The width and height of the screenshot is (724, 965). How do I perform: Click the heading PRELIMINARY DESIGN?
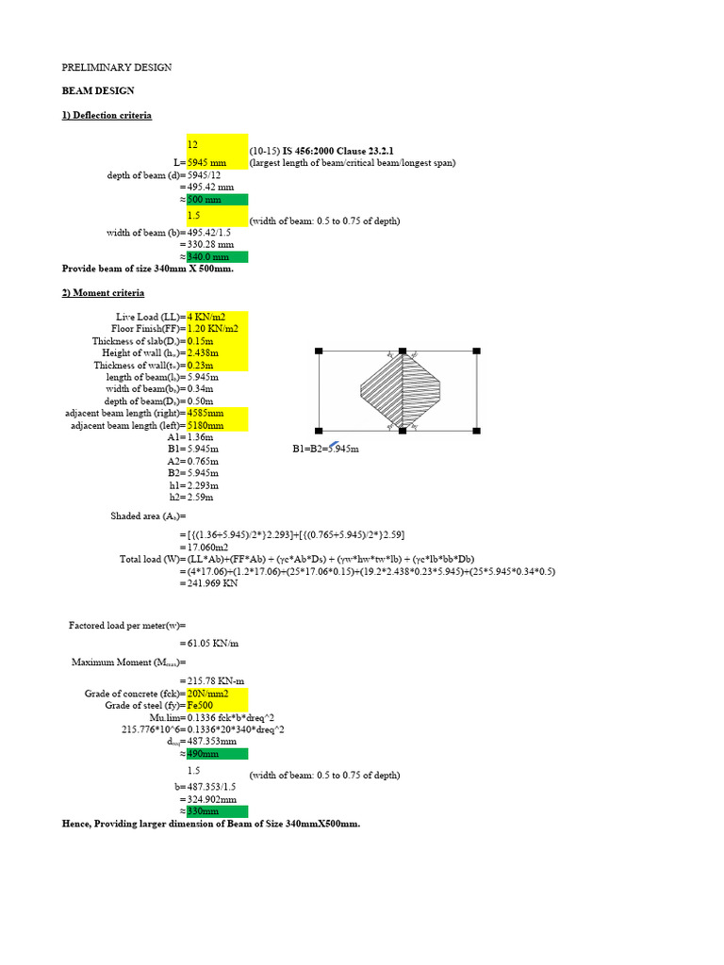116,68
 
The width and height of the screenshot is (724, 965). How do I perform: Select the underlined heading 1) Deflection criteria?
107,115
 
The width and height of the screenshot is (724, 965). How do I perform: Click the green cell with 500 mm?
217,200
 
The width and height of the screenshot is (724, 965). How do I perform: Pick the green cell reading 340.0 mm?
217,256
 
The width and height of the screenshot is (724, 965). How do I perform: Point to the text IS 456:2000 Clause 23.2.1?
337,151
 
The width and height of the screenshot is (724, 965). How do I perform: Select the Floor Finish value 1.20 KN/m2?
217,329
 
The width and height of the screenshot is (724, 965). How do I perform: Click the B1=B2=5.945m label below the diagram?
325,450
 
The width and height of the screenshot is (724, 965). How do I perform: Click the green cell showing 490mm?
217,754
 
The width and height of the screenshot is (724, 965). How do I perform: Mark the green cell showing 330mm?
217,811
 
